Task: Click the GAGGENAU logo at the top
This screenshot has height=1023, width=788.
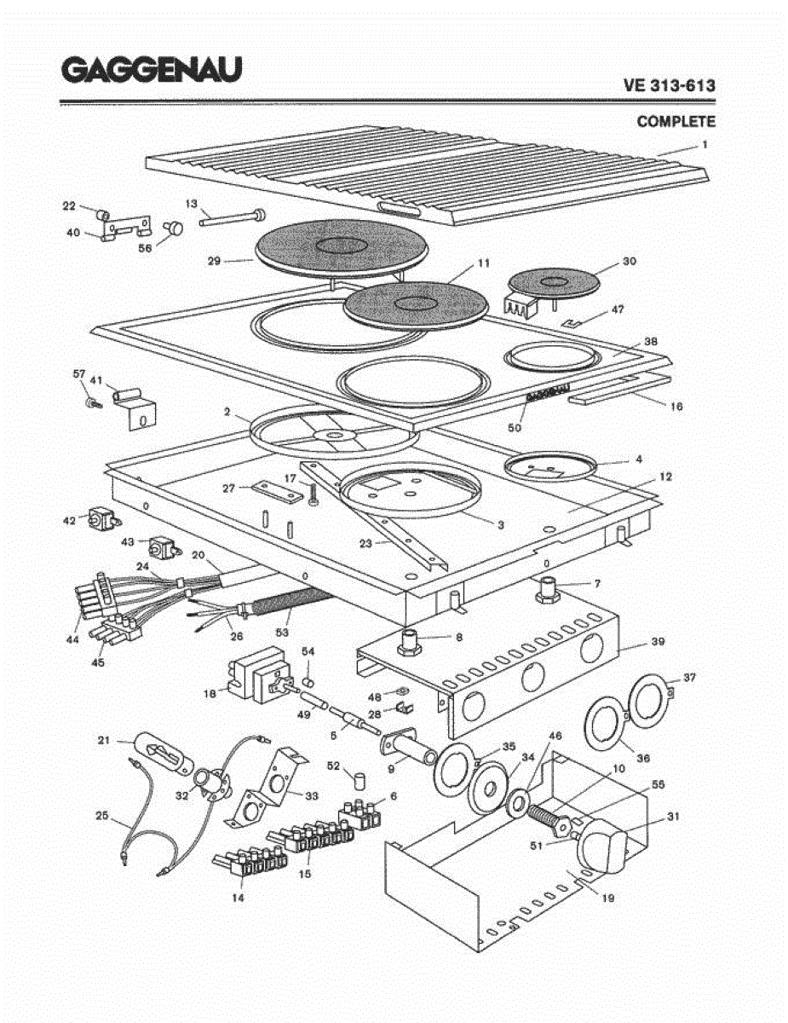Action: tap(150, 69)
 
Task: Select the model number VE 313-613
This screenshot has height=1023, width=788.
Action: tap(669, 85)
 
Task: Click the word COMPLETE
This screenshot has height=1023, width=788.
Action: tap(676, 122)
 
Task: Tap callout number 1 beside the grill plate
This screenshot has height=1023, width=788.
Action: tap(705, 145)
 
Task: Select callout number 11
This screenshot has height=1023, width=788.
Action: tap(484, 264)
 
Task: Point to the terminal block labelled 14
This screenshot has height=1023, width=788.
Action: tap(247, 864)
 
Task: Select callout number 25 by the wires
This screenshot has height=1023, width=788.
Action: tap(102, 815)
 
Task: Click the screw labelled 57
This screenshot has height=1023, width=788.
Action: tap(89, 401)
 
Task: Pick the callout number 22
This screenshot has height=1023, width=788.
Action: tap(69, 205)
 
